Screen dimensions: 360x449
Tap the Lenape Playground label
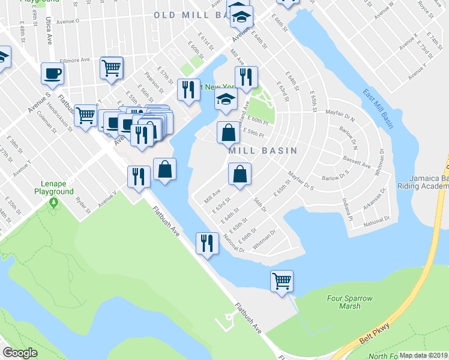[54, 188]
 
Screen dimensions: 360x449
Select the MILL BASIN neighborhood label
[263, 151]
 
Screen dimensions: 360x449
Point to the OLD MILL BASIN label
[191, 14]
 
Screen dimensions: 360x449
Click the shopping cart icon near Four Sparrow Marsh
[282, 280]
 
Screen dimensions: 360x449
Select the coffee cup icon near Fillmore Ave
[52, 73]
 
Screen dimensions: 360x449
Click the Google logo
[20, 352]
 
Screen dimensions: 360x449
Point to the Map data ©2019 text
[424, 355]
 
